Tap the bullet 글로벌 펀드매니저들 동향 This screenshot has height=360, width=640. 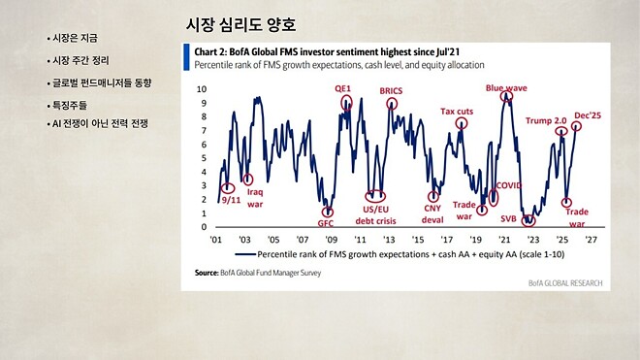coord(100,82)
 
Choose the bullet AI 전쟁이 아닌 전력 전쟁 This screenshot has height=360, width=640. coord(100,124)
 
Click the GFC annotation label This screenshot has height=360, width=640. coord(326,224)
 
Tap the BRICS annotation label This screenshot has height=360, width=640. coord(391,91)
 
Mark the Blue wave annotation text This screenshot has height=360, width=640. coord(505,87)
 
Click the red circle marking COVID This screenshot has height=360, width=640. coord(494,197)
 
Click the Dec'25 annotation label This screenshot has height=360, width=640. coord(587,115)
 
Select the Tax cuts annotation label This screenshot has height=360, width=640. coord(457,112)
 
